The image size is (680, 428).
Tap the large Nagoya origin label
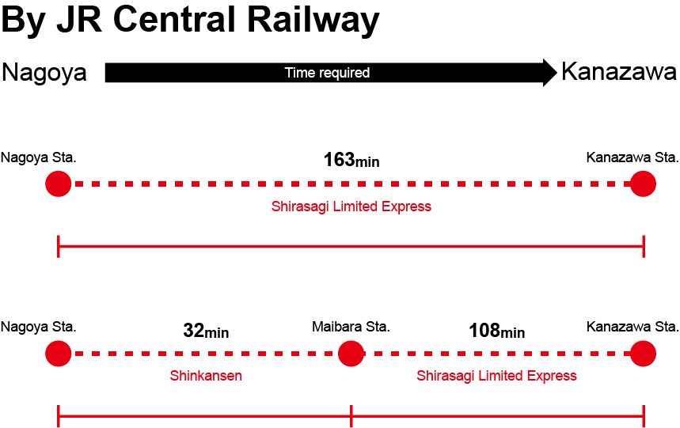(44, 73)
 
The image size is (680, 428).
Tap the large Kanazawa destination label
(619, 72)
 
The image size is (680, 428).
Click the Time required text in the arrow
(327, 73)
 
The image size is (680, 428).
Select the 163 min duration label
(351, 160)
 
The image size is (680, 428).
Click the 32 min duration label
(206, 331)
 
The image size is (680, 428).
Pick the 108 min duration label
(496, 331)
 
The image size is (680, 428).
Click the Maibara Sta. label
(351, 327)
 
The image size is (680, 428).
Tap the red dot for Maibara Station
(351, 354)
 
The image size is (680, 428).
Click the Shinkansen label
(206, 376)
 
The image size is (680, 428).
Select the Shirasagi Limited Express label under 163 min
(351, 206)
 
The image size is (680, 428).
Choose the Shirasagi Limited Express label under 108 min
(496, 376)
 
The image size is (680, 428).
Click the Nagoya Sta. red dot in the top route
(59, 184)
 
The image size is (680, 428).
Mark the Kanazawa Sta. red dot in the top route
(643, 184)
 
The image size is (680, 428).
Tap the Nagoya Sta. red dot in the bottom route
(59, 354)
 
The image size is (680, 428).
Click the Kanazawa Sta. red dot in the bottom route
(643, 354)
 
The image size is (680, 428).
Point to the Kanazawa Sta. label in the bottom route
(632, 327)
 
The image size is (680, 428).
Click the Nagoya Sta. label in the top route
(38, 157)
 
